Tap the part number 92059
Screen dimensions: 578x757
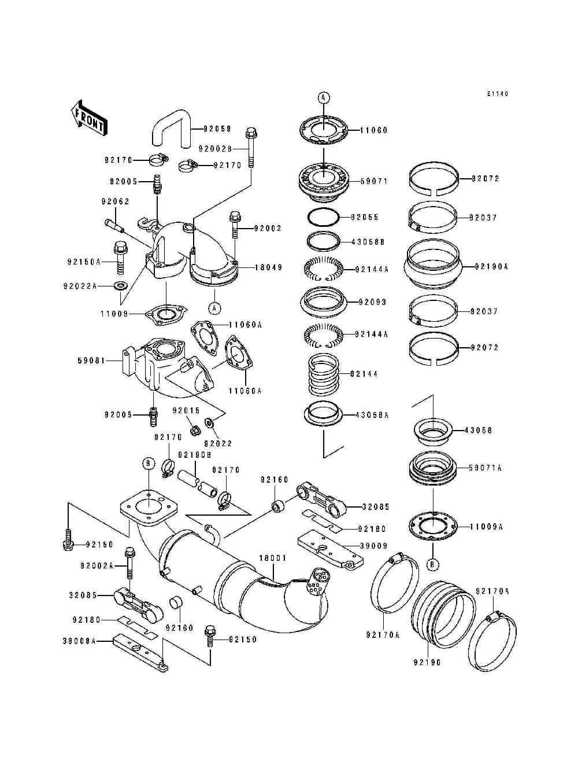click(x=217, y=129)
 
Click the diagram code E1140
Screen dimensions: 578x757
click(x=498, y=94)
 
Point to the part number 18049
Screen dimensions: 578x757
click(x=268, y=267)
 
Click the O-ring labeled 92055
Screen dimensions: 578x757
click(x=323, y=218)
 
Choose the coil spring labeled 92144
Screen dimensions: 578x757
click(x=324, y=374)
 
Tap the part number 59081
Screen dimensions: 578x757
click(x=91, y=361)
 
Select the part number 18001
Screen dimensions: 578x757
click(x=273, y=558)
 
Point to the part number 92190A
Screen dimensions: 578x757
click(x=491, y=267)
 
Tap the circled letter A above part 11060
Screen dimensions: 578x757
click(x=324, y=98)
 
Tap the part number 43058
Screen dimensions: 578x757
click(x=479, y=431)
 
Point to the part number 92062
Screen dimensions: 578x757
click(x=115, y=201)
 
